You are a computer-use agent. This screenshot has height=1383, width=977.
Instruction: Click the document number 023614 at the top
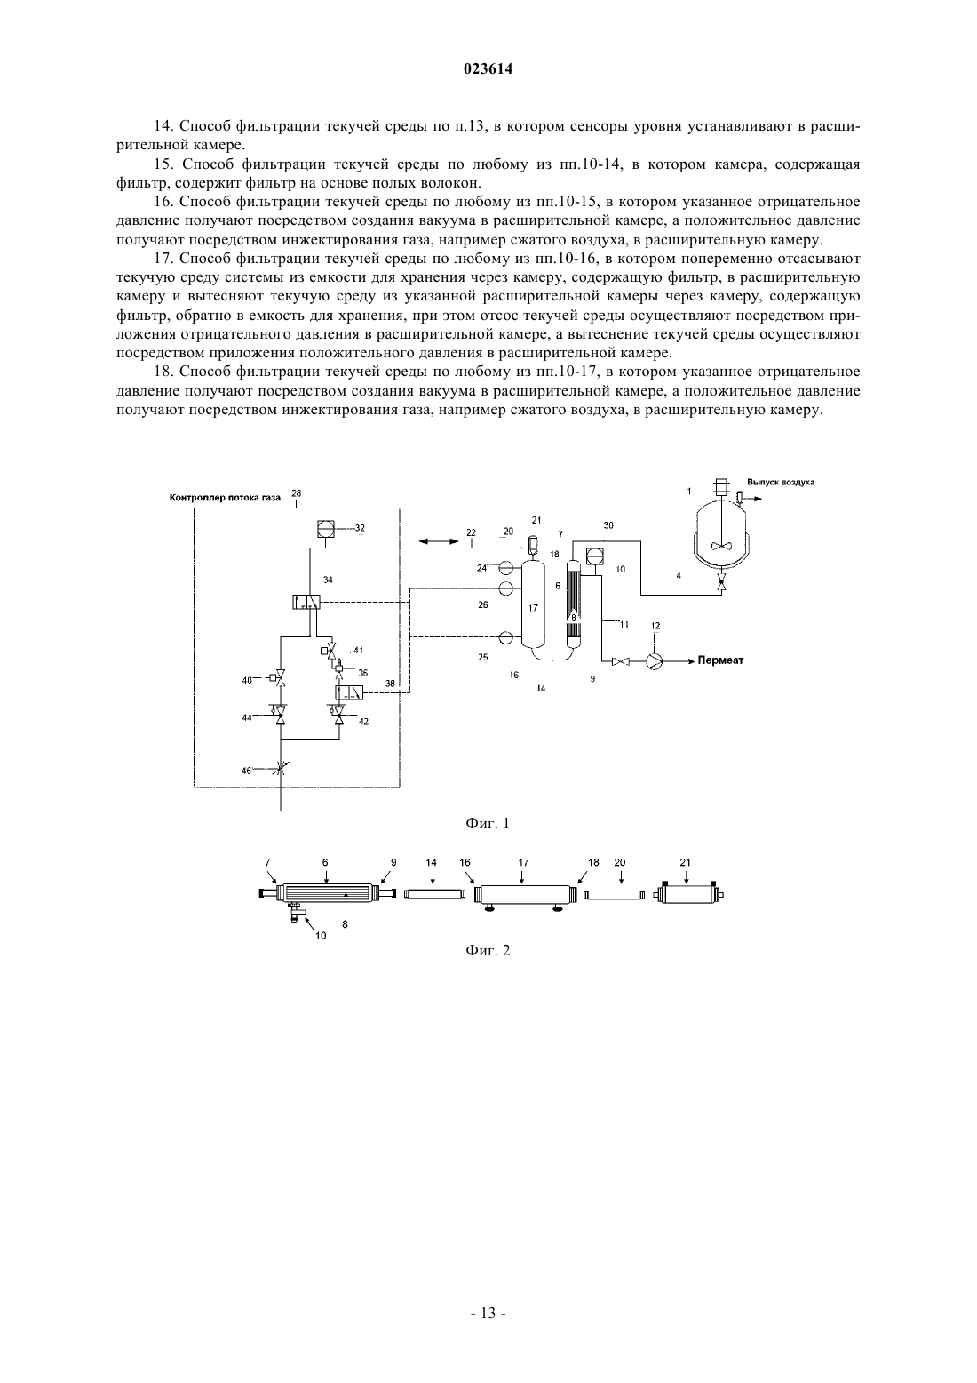488,69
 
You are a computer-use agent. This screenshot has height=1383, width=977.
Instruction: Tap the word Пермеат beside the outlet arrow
720,660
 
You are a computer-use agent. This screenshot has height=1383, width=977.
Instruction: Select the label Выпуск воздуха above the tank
781,483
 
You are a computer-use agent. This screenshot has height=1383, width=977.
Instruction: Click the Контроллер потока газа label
225,497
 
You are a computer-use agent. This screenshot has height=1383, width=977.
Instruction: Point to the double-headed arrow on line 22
439,541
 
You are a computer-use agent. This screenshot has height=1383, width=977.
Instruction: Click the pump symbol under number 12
654,661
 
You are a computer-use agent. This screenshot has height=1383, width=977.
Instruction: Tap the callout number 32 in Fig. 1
360,528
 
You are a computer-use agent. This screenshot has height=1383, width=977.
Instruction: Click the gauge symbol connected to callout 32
324,529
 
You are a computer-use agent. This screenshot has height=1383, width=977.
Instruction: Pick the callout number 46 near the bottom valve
245,771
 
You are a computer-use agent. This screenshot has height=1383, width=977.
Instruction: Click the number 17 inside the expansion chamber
534,608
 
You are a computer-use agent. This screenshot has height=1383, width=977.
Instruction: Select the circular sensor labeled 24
506,566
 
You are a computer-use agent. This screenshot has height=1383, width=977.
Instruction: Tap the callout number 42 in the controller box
363,721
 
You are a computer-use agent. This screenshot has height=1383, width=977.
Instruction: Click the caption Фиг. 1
488,823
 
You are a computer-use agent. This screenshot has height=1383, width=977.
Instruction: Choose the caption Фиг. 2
488,950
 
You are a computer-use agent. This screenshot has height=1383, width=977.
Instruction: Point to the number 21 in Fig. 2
686,862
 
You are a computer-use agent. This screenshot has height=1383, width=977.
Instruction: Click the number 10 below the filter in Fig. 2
321,935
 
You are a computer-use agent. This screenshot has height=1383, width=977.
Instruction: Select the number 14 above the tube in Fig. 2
432,862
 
